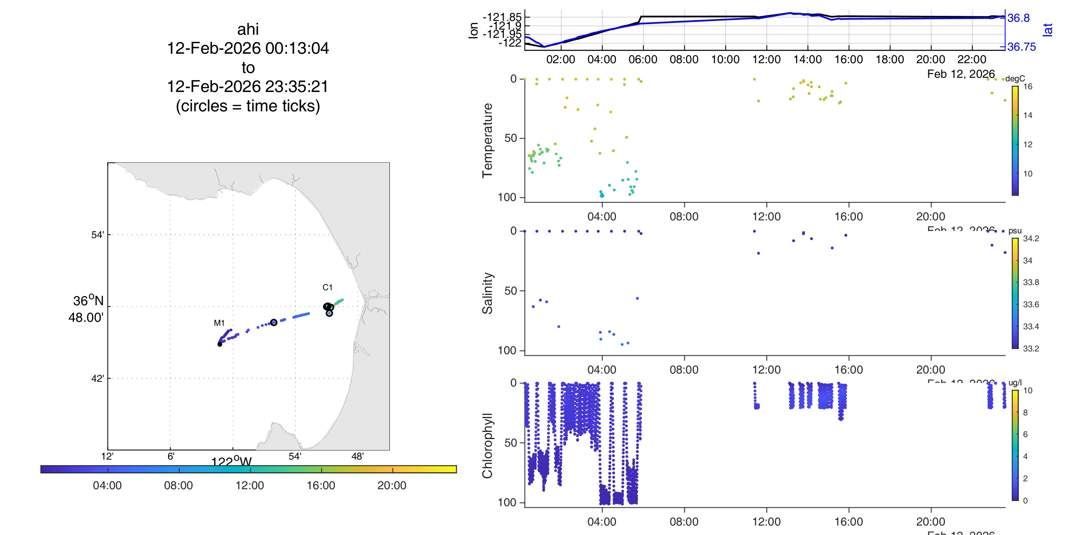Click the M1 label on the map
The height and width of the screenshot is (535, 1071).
[x=219, y=323]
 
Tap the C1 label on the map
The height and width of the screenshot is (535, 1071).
[x=327, y=287]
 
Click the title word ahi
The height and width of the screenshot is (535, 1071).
[x=248, y=30]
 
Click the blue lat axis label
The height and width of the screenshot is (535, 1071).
[x=1048, y=30]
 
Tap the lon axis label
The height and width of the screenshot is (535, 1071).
[x=473, y=31]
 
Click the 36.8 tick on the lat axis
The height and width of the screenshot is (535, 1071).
[x=1018, y=18]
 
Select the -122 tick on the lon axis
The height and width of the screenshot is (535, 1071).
[x=510, y=43]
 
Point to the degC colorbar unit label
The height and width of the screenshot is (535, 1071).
[x=1015, y=79]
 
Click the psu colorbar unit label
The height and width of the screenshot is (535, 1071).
[x=1015, y=231]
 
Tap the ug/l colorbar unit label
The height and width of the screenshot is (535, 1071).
[x=1015, y=383]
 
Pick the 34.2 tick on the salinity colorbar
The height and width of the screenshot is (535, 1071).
[x=1031, y=238]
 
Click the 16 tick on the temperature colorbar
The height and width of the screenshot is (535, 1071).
[x=1028, y=86]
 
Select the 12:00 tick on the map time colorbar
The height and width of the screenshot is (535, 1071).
[x=249, y=485]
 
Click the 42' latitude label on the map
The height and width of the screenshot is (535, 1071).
[x=97, y=378]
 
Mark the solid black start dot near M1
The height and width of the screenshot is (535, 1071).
[x=219, y=344]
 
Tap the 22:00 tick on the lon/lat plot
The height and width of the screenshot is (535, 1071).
[x=972, y=59]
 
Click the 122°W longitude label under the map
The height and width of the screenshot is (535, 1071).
[x=231, y=462]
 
